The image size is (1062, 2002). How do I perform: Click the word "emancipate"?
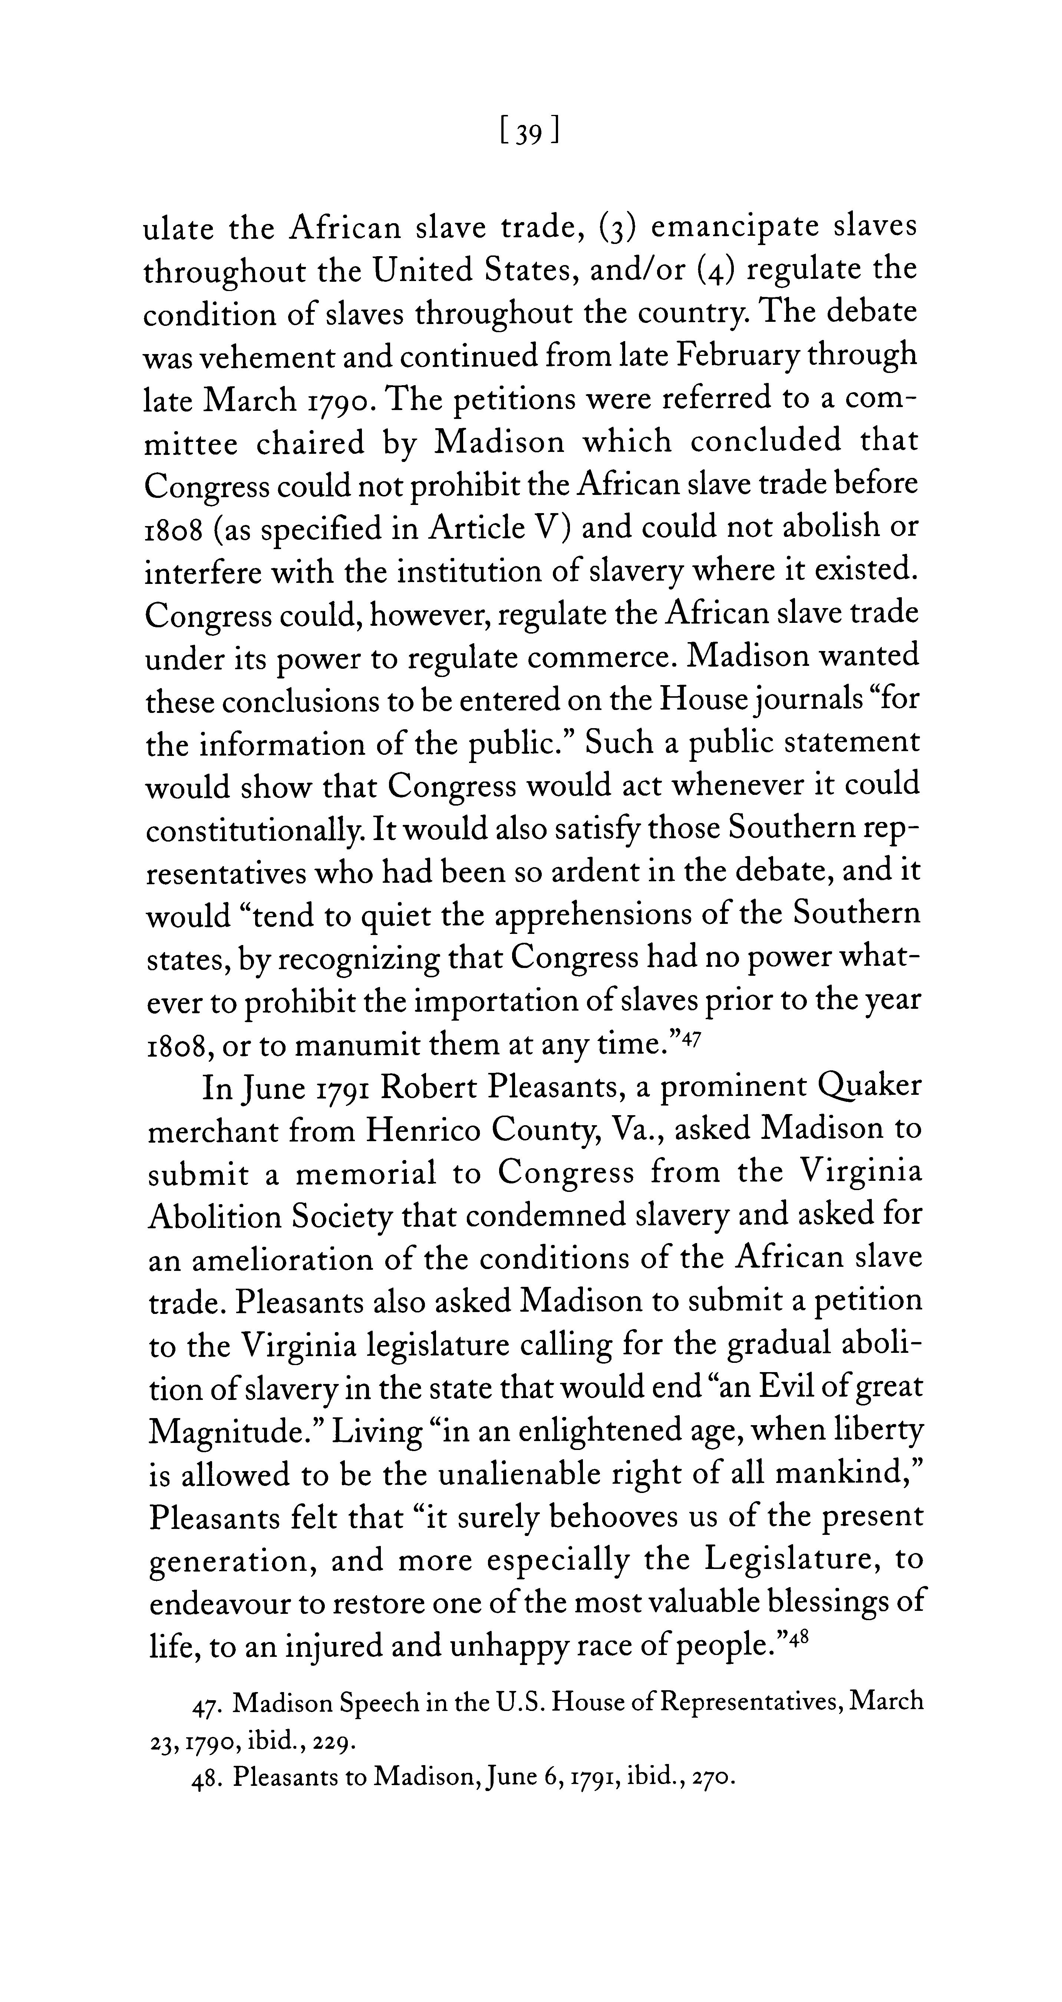(x=731, y=227)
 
